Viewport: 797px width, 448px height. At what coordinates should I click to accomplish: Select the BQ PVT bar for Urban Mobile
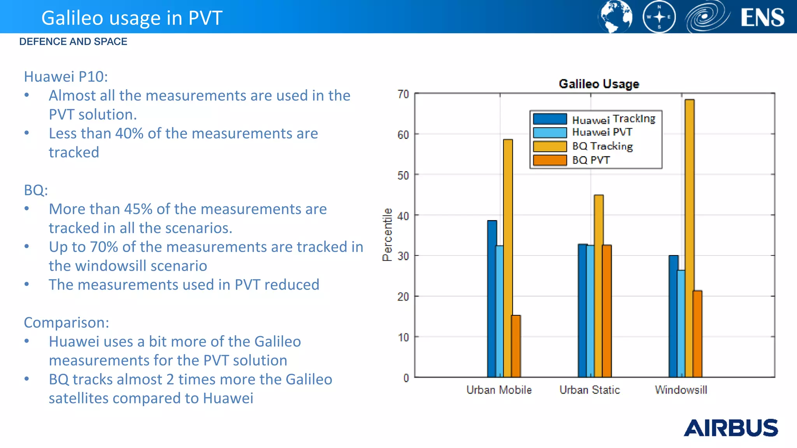click(516, 346)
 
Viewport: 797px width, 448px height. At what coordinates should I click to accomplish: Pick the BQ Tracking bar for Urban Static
click(599, 286)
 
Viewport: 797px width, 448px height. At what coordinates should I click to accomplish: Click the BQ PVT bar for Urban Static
click(607, 311)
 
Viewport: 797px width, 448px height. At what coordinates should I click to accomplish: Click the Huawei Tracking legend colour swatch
click(549, 119)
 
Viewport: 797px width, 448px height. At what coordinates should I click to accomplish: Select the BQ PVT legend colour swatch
click(549, 160)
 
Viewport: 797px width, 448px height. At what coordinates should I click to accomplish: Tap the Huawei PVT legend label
click(602, 132)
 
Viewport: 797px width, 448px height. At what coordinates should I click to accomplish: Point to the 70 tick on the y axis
click(403, 94)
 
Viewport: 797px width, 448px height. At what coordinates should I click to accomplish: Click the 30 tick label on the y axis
click(403, 256)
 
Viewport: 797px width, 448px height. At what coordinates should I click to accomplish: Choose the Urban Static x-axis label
click(590, 390)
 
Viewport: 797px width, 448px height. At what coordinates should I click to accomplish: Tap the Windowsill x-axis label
click(681, 390)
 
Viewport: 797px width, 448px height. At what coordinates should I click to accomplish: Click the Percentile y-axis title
click(387, 234)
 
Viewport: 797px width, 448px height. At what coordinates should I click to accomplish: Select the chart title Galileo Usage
click(599, 84)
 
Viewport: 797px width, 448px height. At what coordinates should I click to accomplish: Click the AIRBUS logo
click(730, 428)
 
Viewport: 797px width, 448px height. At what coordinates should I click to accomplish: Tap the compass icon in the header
click(659, 17)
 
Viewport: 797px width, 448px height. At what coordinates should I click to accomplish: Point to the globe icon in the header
click(615, 17)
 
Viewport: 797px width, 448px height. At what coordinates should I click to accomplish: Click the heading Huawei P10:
click(66, 77)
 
